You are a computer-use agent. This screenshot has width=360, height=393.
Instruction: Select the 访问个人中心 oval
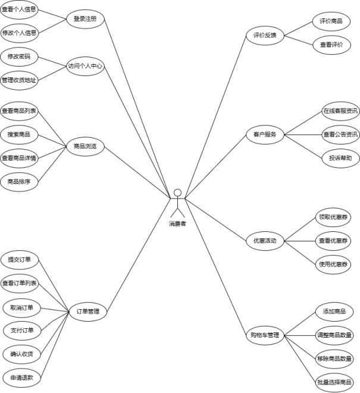[86, 67]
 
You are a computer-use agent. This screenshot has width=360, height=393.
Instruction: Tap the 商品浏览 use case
[85, 146]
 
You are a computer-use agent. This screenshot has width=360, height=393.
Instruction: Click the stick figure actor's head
[177, 193]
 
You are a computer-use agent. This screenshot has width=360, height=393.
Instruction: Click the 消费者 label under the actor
[177, 224]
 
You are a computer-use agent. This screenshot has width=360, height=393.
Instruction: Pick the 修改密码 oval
[18, 56]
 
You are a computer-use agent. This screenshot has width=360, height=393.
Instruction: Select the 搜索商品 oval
[18, 134]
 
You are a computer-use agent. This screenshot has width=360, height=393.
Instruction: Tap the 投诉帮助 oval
[340, 158]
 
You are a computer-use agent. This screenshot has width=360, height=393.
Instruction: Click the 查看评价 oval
[331, 45]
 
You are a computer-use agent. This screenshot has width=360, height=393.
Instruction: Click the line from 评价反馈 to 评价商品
[299, 28]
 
